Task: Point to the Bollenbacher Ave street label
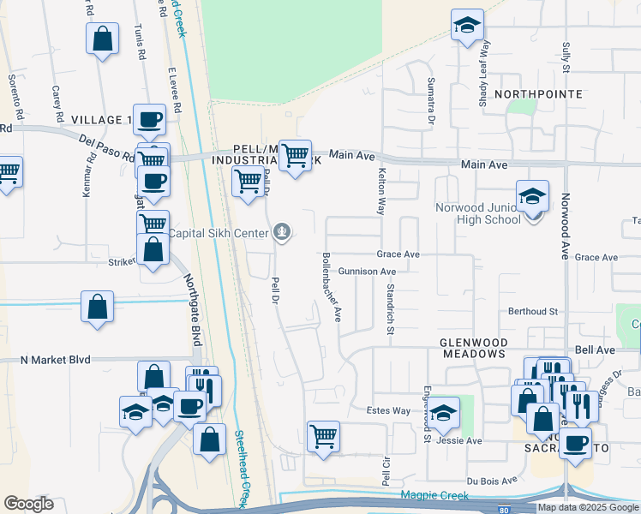332,287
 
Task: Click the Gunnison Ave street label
367,271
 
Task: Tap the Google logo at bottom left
28,504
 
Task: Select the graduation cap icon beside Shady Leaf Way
468,25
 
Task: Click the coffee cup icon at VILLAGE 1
150,119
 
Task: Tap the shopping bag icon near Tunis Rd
102,39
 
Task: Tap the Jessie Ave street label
459,441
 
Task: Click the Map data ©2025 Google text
588,507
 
